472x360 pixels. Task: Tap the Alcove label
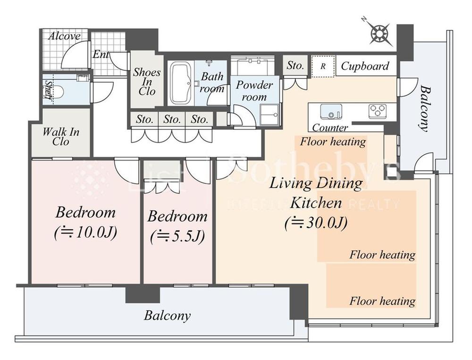[64, 36]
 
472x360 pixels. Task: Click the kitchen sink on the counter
[330, 112]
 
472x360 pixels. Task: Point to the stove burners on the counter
[377, 111]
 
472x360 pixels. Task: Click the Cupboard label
[365, 66]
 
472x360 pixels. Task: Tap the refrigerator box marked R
[323, 66]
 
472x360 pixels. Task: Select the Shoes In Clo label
[146, 81]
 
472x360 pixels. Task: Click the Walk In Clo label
[61, 136]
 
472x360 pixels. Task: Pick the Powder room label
[254, 91]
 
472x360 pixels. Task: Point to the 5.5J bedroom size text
[177, 237]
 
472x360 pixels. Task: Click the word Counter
[330, 128]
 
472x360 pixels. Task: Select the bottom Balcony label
[167, 315]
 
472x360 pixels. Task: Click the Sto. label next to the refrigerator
[295, 66]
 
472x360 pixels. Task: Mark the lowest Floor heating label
[382, 301]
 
